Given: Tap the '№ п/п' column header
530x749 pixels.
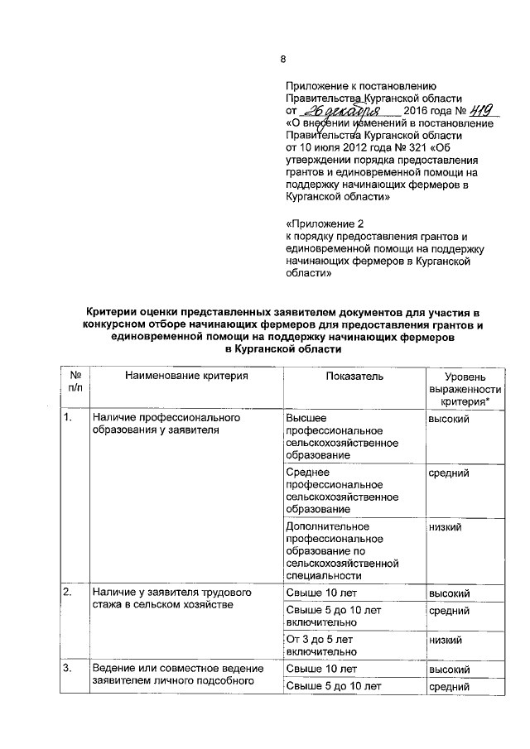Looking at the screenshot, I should [x=75, y=382].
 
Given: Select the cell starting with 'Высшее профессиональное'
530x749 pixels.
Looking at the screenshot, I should [x=341, y=437].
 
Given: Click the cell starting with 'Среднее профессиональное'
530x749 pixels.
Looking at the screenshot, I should [x=341, y=492].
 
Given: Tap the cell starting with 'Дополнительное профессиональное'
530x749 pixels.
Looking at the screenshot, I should [x=341, y=550].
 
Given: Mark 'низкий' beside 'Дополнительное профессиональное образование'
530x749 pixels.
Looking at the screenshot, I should [x=445, y=527].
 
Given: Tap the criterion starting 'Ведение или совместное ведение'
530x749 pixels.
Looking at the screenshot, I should [x=177, y=675].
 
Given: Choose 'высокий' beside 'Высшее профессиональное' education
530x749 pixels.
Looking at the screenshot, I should [x=449, y=420].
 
